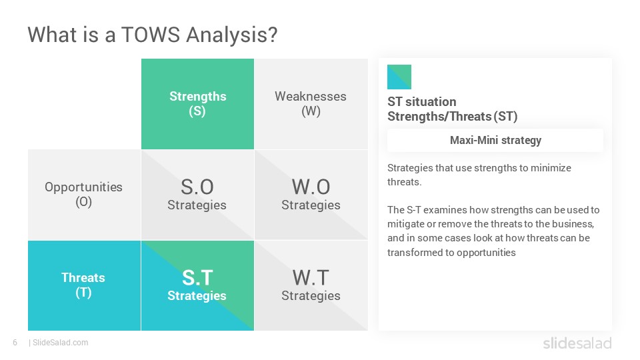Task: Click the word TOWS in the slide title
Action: click(x=150, y=34)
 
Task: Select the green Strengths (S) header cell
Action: click(x=197, y=104)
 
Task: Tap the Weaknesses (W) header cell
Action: click(x=311, y=104)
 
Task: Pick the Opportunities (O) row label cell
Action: click(x=84, y=195)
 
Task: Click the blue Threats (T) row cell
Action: click(x=84, y=285)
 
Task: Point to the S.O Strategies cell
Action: click(x=197, y=195)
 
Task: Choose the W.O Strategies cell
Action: click(x=311, y=195)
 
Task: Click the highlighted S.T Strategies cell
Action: click(x=197, y=285)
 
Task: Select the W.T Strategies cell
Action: click(x=311, y=285)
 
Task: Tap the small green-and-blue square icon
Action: click(x=399, y=77)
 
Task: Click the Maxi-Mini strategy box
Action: click(x=495, y=141)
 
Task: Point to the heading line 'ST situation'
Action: click(x=421, y=101)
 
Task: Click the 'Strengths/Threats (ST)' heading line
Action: click(x=452, y=117)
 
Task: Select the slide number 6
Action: click(x=15, y=343)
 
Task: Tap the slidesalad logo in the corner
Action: click(x=577, y=343)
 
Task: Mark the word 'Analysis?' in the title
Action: click(x=232, y=35)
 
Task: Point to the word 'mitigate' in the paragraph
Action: click(x=405, y=224)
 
